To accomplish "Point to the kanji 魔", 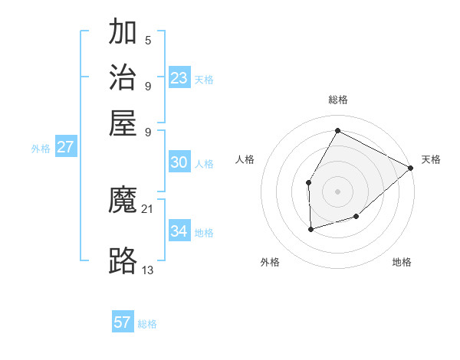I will (x=123, y=201).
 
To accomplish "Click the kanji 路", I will (x=123, y=261).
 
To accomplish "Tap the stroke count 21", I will (x=148, y=209).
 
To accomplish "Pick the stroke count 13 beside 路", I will (x=148, y=270).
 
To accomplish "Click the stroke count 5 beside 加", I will (x=148, y=40).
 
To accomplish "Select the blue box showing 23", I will (x=179, y=78).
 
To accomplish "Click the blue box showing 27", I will (x=65, y=147).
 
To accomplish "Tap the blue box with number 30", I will (x=179, y=162).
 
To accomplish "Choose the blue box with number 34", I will (x=179, y=231).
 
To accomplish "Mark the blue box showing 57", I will (x=123, y=322).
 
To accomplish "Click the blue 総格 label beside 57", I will (x=147, y=324).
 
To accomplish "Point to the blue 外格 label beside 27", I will (x=41, y=149).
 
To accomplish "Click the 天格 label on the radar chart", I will (x=431, y=159).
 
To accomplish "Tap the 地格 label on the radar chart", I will (x=402, y=262).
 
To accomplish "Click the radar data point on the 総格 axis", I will (x=337, y=130).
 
